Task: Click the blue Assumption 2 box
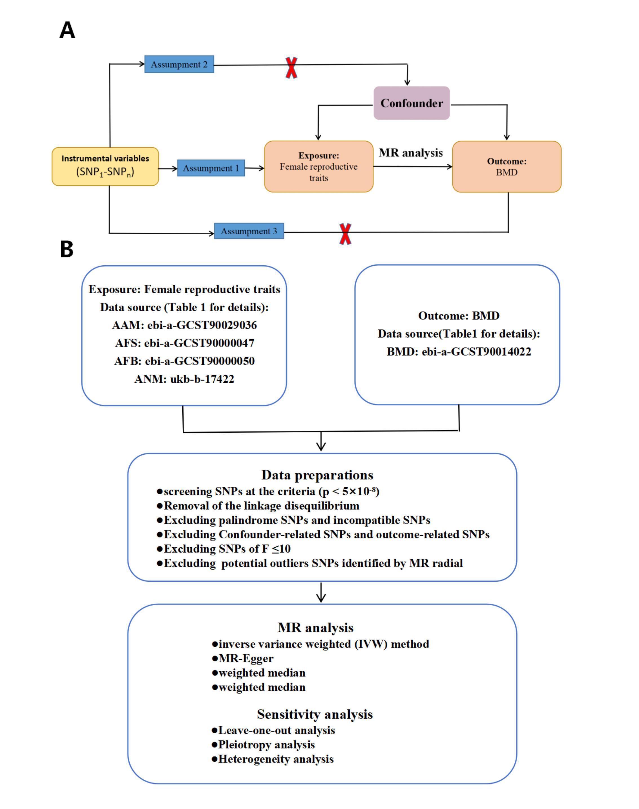point(179,64)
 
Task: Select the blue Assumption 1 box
point(211,168)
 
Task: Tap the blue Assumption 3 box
point(249,231)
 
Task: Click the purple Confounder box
point(412,103)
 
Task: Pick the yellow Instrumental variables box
point(105,166)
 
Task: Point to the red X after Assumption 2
point(291,68)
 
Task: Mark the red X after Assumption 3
point(345,234)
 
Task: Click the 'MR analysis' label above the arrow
point(411,153)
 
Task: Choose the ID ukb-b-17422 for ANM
point(202,379)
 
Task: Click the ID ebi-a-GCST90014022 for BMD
point(476,352)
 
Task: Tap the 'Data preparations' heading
point(317,475)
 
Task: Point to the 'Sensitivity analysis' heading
point(315,714)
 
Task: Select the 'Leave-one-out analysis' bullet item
point(273,730)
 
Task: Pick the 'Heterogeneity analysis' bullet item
point(272,759)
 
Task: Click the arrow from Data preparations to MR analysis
point(321,592)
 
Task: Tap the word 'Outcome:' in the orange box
point(507,161)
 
